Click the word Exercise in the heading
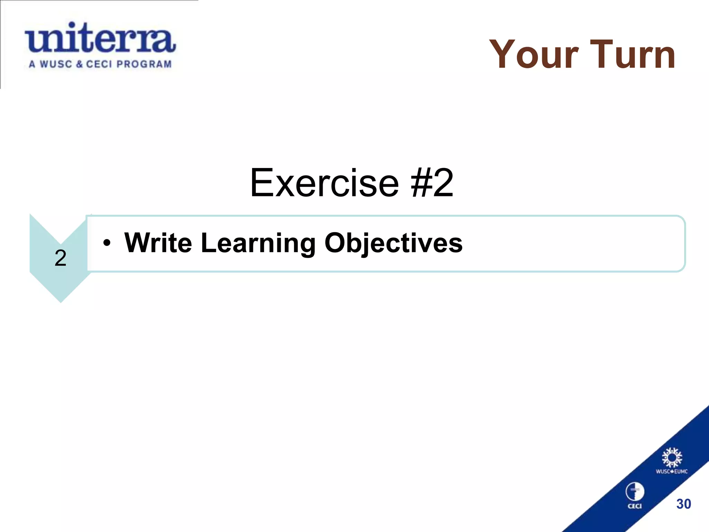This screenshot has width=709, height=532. [324, 183]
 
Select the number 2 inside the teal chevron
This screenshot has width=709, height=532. [61, 258]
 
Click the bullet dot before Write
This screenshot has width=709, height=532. [107, 243]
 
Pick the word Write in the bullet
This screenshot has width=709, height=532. [158, 243]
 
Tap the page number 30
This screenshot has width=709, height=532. [683, 504]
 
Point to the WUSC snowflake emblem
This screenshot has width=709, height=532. [672, 458]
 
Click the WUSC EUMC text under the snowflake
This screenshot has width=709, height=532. [672, 471]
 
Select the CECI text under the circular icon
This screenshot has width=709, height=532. [635, 506]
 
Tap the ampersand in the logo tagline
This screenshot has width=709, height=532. [79, 64]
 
